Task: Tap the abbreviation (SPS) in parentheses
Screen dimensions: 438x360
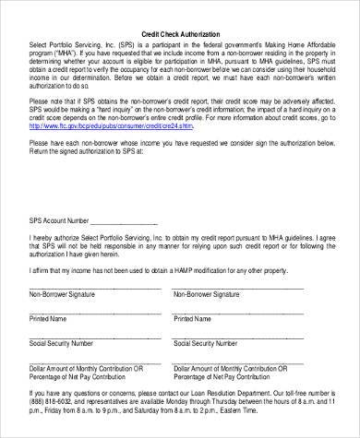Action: pos(120,44)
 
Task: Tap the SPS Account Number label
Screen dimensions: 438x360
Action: pos(60,221)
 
